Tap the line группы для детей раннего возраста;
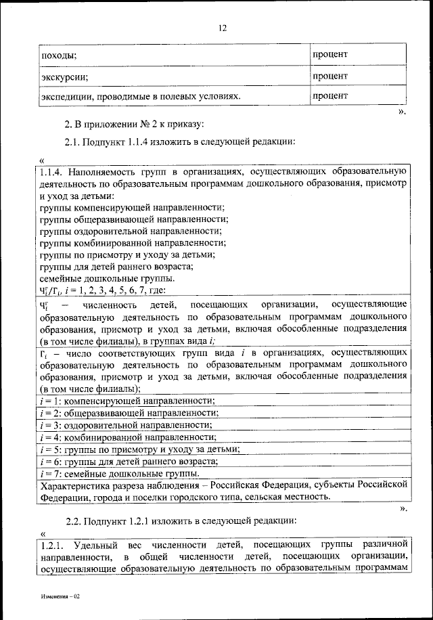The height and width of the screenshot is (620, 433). tap(116, 267)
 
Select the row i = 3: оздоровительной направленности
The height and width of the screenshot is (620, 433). tap(126, 425)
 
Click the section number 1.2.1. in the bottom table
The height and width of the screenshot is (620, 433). tap(52, 545)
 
